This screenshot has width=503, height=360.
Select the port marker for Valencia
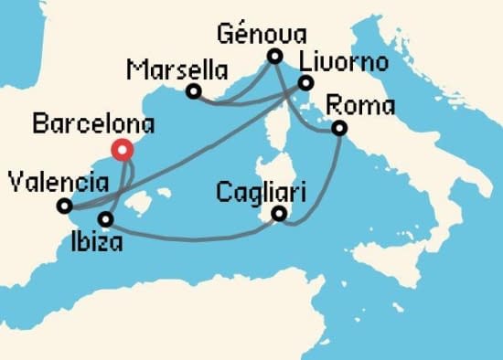64,206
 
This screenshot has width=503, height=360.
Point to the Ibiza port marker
106,219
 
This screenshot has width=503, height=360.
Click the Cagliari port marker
279,215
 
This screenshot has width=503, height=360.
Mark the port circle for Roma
339,129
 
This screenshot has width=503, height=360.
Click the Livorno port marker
305,84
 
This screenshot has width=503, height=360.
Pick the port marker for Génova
273,57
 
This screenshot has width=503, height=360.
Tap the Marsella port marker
194,90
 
